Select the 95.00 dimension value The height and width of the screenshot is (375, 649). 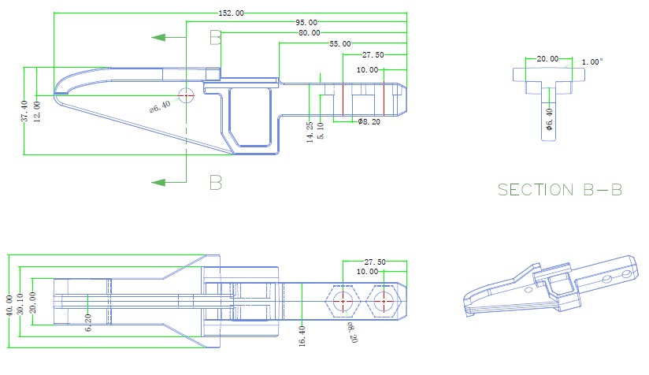point(306,23)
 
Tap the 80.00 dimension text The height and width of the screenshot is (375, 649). point(310,33)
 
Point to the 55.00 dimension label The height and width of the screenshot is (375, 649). point(340,44)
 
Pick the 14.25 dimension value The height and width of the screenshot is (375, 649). point(310,131)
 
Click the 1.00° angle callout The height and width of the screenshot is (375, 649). point(592,61)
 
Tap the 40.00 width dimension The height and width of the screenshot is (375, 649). point(9,305)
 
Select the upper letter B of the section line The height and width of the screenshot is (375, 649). point(215,37)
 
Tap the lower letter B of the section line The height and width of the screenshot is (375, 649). point(215,183)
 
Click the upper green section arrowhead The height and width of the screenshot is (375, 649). point(160,37)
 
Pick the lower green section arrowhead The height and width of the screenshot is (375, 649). point(160,183)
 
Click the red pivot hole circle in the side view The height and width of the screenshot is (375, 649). point(187,95)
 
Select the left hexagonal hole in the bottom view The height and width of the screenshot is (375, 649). point(343,301)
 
